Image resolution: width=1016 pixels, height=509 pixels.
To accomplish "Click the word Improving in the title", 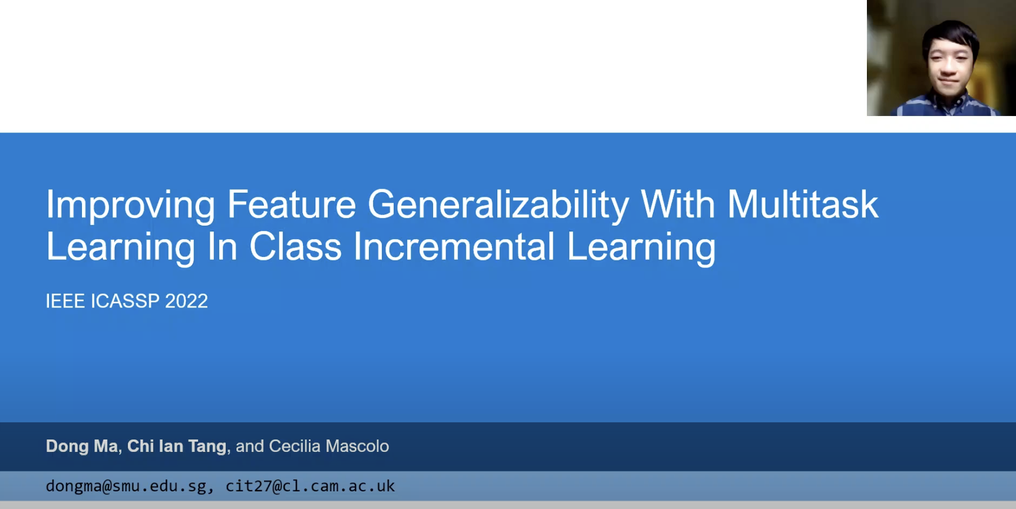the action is (x=131, y=206).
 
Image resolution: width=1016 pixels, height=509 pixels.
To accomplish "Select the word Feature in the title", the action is (x=291, y=204).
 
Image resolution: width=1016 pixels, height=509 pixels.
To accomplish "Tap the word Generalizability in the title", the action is (x=499, y=206).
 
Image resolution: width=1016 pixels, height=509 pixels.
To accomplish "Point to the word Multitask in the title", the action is (x=803, y=204).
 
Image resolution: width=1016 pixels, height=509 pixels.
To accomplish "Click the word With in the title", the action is (x=678, y=204).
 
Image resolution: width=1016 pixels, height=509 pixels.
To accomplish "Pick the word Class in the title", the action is (x=295, y=246).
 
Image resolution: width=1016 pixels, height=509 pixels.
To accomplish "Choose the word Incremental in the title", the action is (x=454, y=246).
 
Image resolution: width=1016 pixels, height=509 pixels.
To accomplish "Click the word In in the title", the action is (x=222, y=246).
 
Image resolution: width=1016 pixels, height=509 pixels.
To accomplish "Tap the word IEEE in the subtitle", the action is (x=65, y=301).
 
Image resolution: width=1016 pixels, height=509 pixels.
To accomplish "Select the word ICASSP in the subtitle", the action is (x=125, y=301).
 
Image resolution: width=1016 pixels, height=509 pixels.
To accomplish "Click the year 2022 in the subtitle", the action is (x=186, y=301).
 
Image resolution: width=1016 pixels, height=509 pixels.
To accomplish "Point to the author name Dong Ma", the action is (x=82, y=447).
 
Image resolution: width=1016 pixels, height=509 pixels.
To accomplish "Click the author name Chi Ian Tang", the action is (x=177, y=447).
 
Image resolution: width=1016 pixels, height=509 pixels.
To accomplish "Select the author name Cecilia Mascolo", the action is (x=329, y=447).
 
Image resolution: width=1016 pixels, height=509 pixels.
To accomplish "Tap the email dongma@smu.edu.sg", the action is (x=126, y=486).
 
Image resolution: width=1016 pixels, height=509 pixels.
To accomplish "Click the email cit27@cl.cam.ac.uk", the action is (x=310, y=486).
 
